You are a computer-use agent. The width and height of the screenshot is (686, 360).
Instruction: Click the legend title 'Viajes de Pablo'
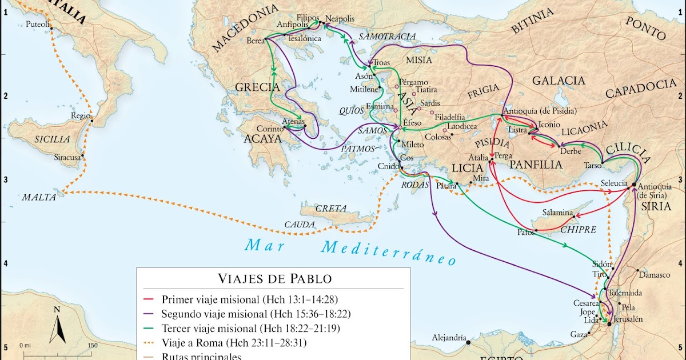point(274,279)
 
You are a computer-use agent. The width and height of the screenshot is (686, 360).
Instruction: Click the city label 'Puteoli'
point(38,25)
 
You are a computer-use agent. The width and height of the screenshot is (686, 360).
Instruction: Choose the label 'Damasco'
point(654,275)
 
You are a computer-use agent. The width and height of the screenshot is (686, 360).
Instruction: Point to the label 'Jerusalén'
point(628,318)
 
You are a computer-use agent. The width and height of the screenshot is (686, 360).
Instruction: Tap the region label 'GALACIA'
point(559,81)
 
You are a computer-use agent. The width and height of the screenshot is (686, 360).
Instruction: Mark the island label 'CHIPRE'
point(579,230)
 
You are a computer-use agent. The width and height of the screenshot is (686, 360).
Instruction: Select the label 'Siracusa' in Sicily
point(67,156)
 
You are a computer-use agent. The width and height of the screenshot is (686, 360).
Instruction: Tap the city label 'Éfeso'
point(412,123)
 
